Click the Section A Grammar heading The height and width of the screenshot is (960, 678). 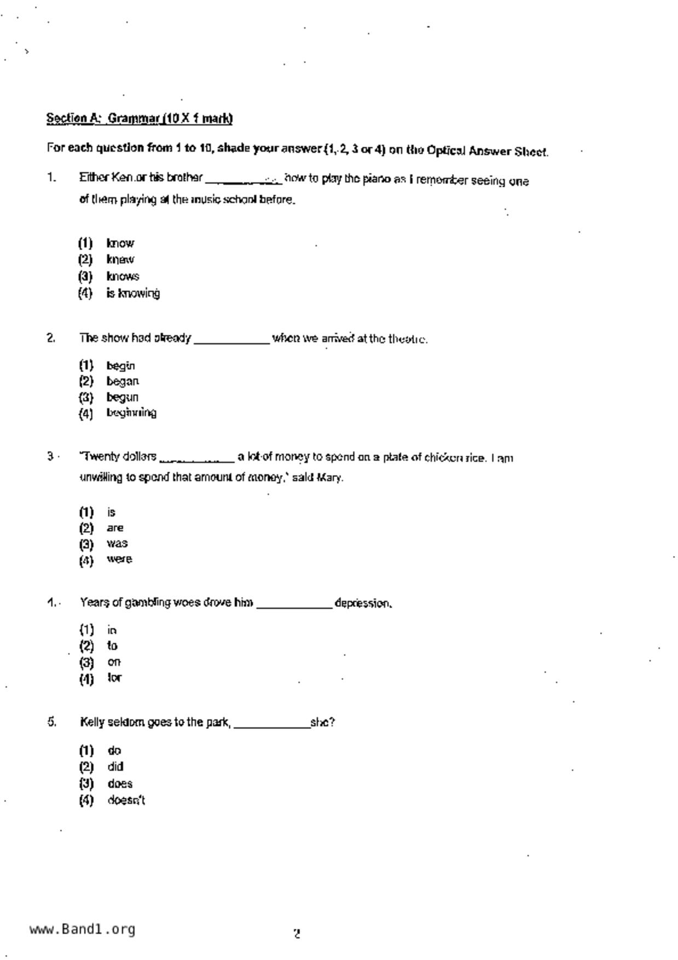click(140, 118)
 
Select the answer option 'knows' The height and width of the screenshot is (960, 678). click(123, 276)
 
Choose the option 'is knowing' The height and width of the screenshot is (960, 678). click(133, 293)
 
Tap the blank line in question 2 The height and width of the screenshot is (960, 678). click(232, 340)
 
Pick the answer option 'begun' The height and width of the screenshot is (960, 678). click(122, 397)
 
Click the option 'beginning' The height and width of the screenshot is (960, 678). click(131, 413)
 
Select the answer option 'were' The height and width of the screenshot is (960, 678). click(119, 559)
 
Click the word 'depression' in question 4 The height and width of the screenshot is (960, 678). click(362, 603)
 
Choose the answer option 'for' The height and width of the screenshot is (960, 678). click(114, 678)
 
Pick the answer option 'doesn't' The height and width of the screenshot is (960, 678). click(126, 800)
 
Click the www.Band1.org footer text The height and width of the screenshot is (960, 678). click(82, 929)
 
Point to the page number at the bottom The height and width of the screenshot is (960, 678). click(297, 934)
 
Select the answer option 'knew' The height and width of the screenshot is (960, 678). click(120, 259)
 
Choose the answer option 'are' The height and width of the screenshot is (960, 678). click(115, 528)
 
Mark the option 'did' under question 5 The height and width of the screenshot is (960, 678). click(115, 766)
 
